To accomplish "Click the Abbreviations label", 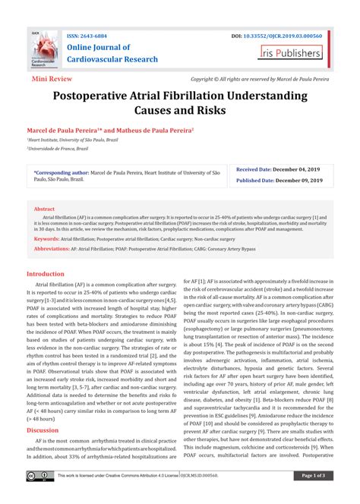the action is pos(53,248).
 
